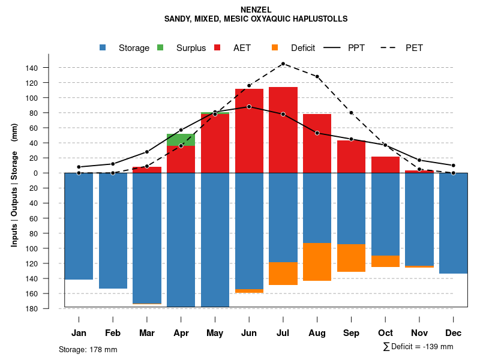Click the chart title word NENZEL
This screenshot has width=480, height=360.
click(256, 10)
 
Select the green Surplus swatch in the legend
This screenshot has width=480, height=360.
click(160, 47)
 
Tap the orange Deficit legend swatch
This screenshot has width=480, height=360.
click(275, 47)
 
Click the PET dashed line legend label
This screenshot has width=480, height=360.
click(414, 47)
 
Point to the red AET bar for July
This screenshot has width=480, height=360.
click(283, 129)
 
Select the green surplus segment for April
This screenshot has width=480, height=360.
click(181, 140)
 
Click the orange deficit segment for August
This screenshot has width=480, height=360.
click(317, 262)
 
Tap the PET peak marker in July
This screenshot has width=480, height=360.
click(283, 64)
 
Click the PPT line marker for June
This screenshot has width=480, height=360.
click(249, 106)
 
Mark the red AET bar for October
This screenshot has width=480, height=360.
click(386, 164)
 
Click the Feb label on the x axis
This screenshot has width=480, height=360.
click(113, 333)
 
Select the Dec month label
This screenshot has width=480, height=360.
click(454, 333)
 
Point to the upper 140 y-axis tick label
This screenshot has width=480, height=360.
click(49, 68)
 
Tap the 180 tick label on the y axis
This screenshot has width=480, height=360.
click(49, 308)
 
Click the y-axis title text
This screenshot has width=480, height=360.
click(14, 185)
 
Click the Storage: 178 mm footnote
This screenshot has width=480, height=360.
click(88, 349)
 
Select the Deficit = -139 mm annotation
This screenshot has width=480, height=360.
click(418, 347)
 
